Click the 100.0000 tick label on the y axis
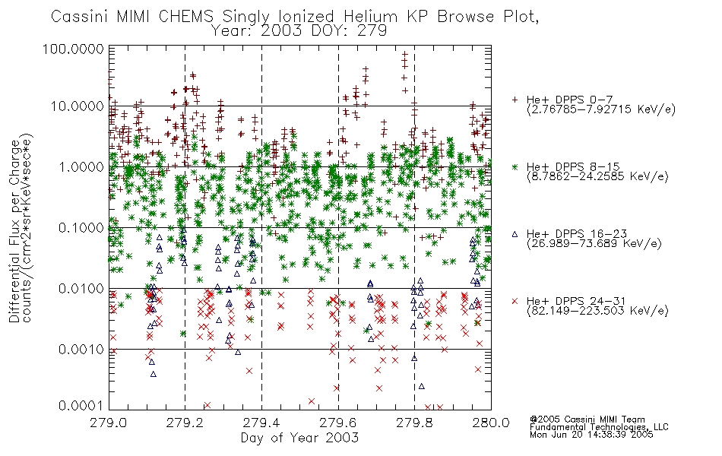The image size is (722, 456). pyautogui.click(x=73, y=49)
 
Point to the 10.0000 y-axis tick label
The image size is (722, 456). pyautogui.click(x=78, y=106)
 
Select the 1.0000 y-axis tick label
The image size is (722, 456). pyautogui.click(x=81, y=166)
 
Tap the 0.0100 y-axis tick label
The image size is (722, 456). pyautogui.click(x=81, y=289)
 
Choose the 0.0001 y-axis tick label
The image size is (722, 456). pyautogui.click(x=81, y=406)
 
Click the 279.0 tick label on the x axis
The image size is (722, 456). pyautogui.click(x=109, y=423)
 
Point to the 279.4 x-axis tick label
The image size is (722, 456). pyautogui.click(x=261, y=423)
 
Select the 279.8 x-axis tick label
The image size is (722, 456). pyautogui.click(x=414, y=423)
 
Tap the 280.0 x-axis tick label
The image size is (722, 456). pyautogui.click(x=491, y=423)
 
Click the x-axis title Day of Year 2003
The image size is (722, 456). pyautogui.click(x=299, y=438)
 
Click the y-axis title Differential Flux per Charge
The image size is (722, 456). pyautogui.click(x=14, y=232)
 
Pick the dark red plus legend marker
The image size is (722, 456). pyautogui.click(x=515, y=99)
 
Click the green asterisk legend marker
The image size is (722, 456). pyautogui.click(x=515, y=166)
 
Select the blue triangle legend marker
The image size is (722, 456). pyautogui.click(x=515, y=234)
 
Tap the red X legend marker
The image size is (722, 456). pyautogui.click(x=515, y=301)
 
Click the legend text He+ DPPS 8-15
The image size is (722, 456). pyautogui.click(x=573, y=166)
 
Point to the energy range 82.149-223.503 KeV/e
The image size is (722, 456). pyautogui.click(x=597, y=311)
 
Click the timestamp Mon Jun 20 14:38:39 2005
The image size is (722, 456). pyautogui.click(x=591, y=435)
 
